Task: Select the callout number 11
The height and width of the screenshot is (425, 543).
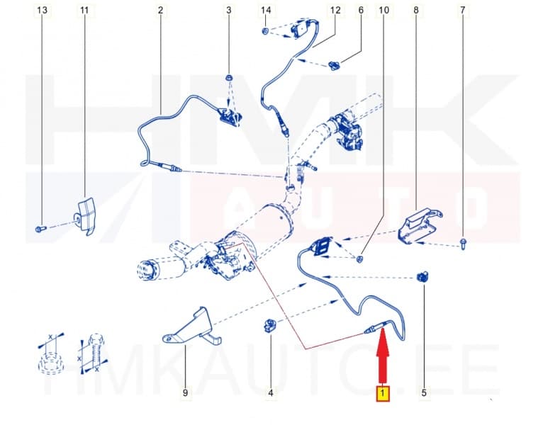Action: pyautogui.click(x=85, y=11)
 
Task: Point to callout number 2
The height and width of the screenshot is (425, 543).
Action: pyautogui.click(x=160, y=11)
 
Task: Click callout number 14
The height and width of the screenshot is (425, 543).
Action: pyautogui.click(x=266, y=11)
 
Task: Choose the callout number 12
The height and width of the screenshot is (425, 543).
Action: pyautogui.click(x=335, y=11)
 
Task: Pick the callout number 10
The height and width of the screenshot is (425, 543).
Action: pyautogui.click(x=384, y=11)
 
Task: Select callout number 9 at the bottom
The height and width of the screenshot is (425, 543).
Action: pyautogui.click(x=185, y=392)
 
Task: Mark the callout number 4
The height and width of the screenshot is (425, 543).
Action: pyautogui.click(x=270, y=392)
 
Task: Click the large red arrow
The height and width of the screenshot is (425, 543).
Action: pyautogui.click(x=383, y=358)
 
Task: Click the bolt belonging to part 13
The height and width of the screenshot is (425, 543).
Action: pyautogui.click(x=40, y=229)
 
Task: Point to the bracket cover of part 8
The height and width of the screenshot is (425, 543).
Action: pyautogui.click(x=418, y=225)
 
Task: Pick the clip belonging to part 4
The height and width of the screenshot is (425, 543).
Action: pyautogui.click(x=270, y=326)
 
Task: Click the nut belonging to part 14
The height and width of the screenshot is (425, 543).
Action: pyautogui.click(x=264, y=32)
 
